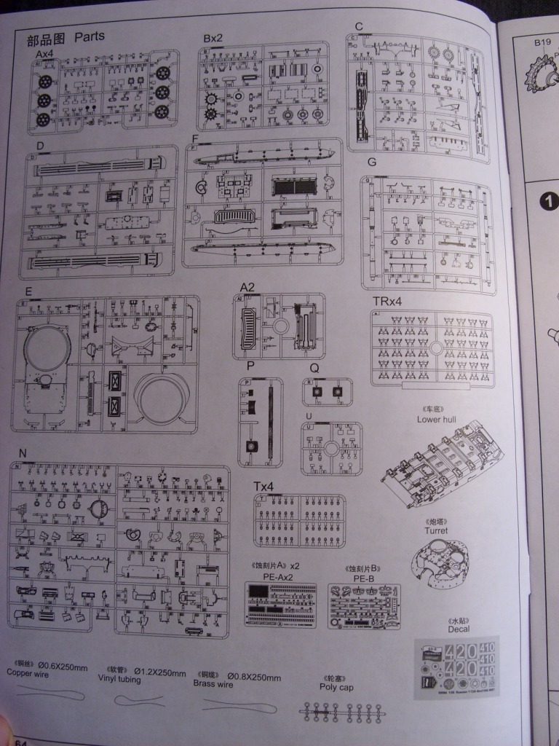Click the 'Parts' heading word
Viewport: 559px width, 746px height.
90,36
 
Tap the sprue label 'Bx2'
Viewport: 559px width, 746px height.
214,37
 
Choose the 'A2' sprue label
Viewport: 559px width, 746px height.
247,286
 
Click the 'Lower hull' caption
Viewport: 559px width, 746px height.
436,420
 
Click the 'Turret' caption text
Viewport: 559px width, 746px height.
437,531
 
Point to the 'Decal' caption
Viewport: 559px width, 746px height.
459,629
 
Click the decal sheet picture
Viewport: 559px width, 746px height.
457,669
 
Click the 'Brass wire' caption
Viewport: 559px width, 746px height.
213,683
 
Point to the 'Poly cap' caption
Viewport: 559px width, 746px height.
336,686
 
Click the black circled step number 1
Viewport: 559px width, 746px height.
549,201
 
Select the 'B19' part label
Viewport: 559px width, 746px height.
542,43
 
